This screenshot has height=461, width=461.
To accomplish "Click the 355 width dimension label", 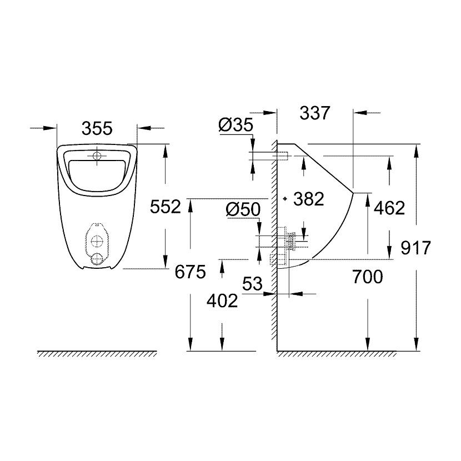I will (x=97, y=128).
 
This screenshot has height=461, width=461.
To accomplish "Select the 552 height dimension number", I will (x=166, y=207).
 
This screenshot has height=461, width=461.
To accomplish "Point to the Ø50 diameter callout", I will (x=243, y=209).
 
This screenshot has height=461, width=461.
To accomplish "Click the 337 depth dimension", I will (x=315, y=113).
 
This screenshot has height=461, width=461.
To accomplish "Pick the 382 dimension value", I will (x=308, y=199).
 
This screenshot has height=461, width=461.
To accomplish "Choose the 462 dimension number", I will (x=389, y=208).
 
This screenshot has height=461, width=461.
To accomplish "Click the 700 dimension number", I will (x=367, y=276).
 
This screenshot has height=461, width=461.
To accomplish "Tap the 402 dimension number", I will (x=222, y=300).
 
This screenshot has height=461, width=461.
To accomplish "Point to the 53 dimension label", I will (x=252, y=284).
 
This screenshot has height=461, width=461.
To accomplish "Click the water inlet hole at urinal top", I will (x=97, y=156).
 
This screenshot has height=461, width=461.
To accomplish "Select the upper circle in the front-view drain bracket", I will (x=97, y=242).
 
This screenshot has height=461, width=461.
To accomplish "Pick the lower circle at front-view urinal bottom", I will (x=97, y=258).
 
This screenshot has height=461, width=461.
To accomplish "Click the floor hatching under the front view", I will (x=97, y=354).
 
